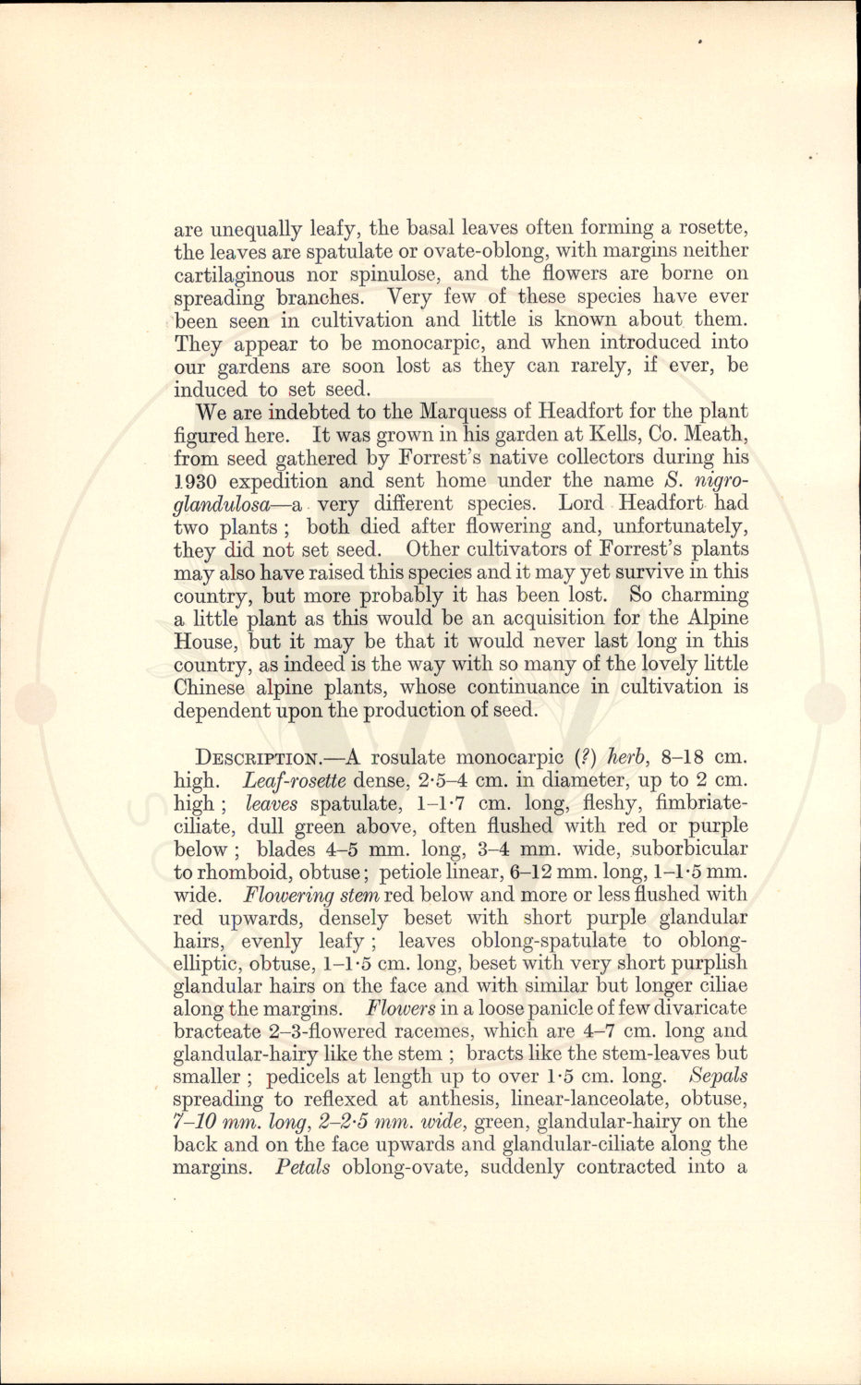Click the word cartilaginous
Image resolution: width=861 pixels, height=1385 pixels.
[x=234, y=274]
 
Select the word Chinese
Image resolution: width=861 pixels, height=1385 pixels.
[x=209, y=688]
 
